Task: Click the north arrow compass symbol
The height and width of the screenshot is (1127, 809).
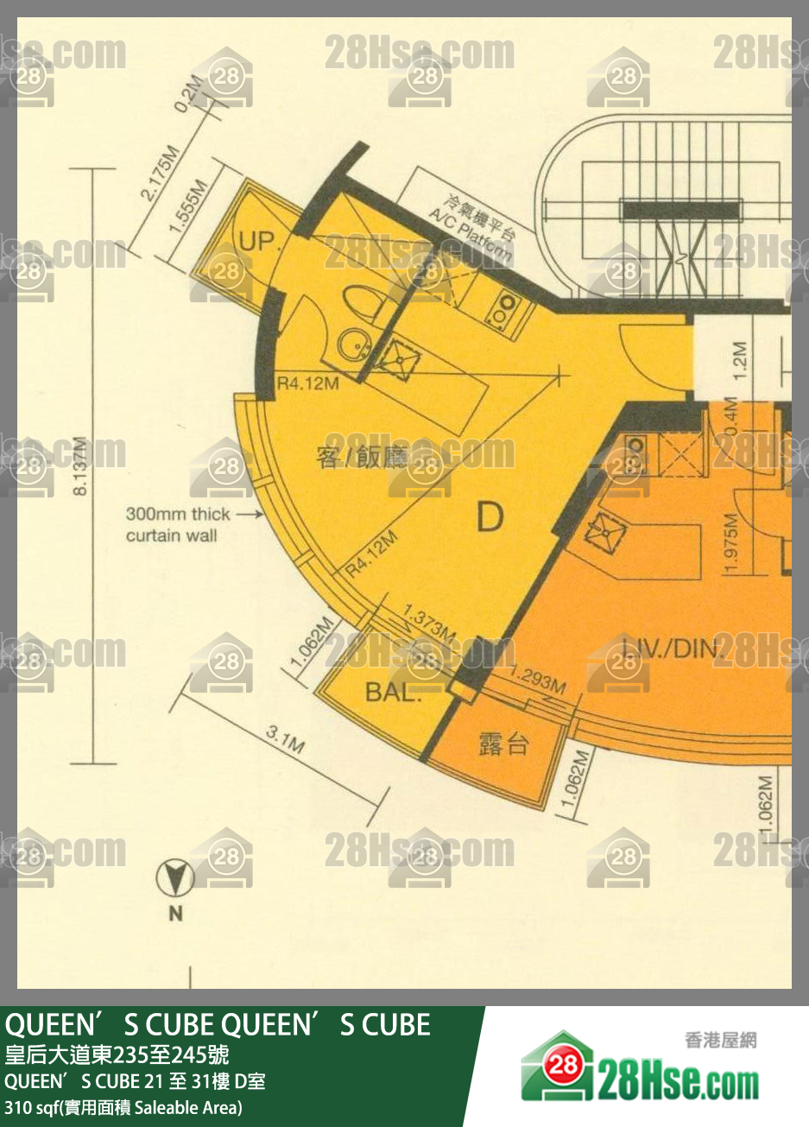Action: pyautogui.click(x=174, y=879)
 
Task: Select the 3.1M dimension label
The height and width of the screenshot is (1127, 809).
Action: pyautogui.click(x=284, y=740)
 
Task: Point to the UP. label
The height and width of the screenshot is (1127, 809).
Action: pyautogui.click(x=257, y=241)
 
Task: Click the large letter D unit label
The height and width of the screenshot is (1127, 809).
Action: pyautogui.click(x=490, y=518)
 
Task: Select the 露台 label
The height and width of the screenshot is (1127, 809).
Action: pyautogui.click(x=503, y=744)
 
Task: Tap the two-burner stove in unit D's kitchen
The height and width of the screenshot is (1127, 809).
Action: pyautogui.click(x=501, y=308)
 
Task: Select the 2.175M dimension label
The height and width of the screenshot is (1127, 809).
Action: pyautogui.click(x=160, y=174)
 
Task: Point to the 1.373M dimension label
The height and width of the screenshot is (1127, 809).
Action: pyautogui.click(x=429, y=624)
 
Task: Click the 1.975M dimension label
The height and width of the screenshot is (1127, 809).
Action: pyautogui.click(x=731, y=543)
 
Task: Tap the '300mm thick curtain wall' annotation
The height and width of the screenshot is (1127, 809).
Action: pyautogui.click(x=178, y=524)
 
